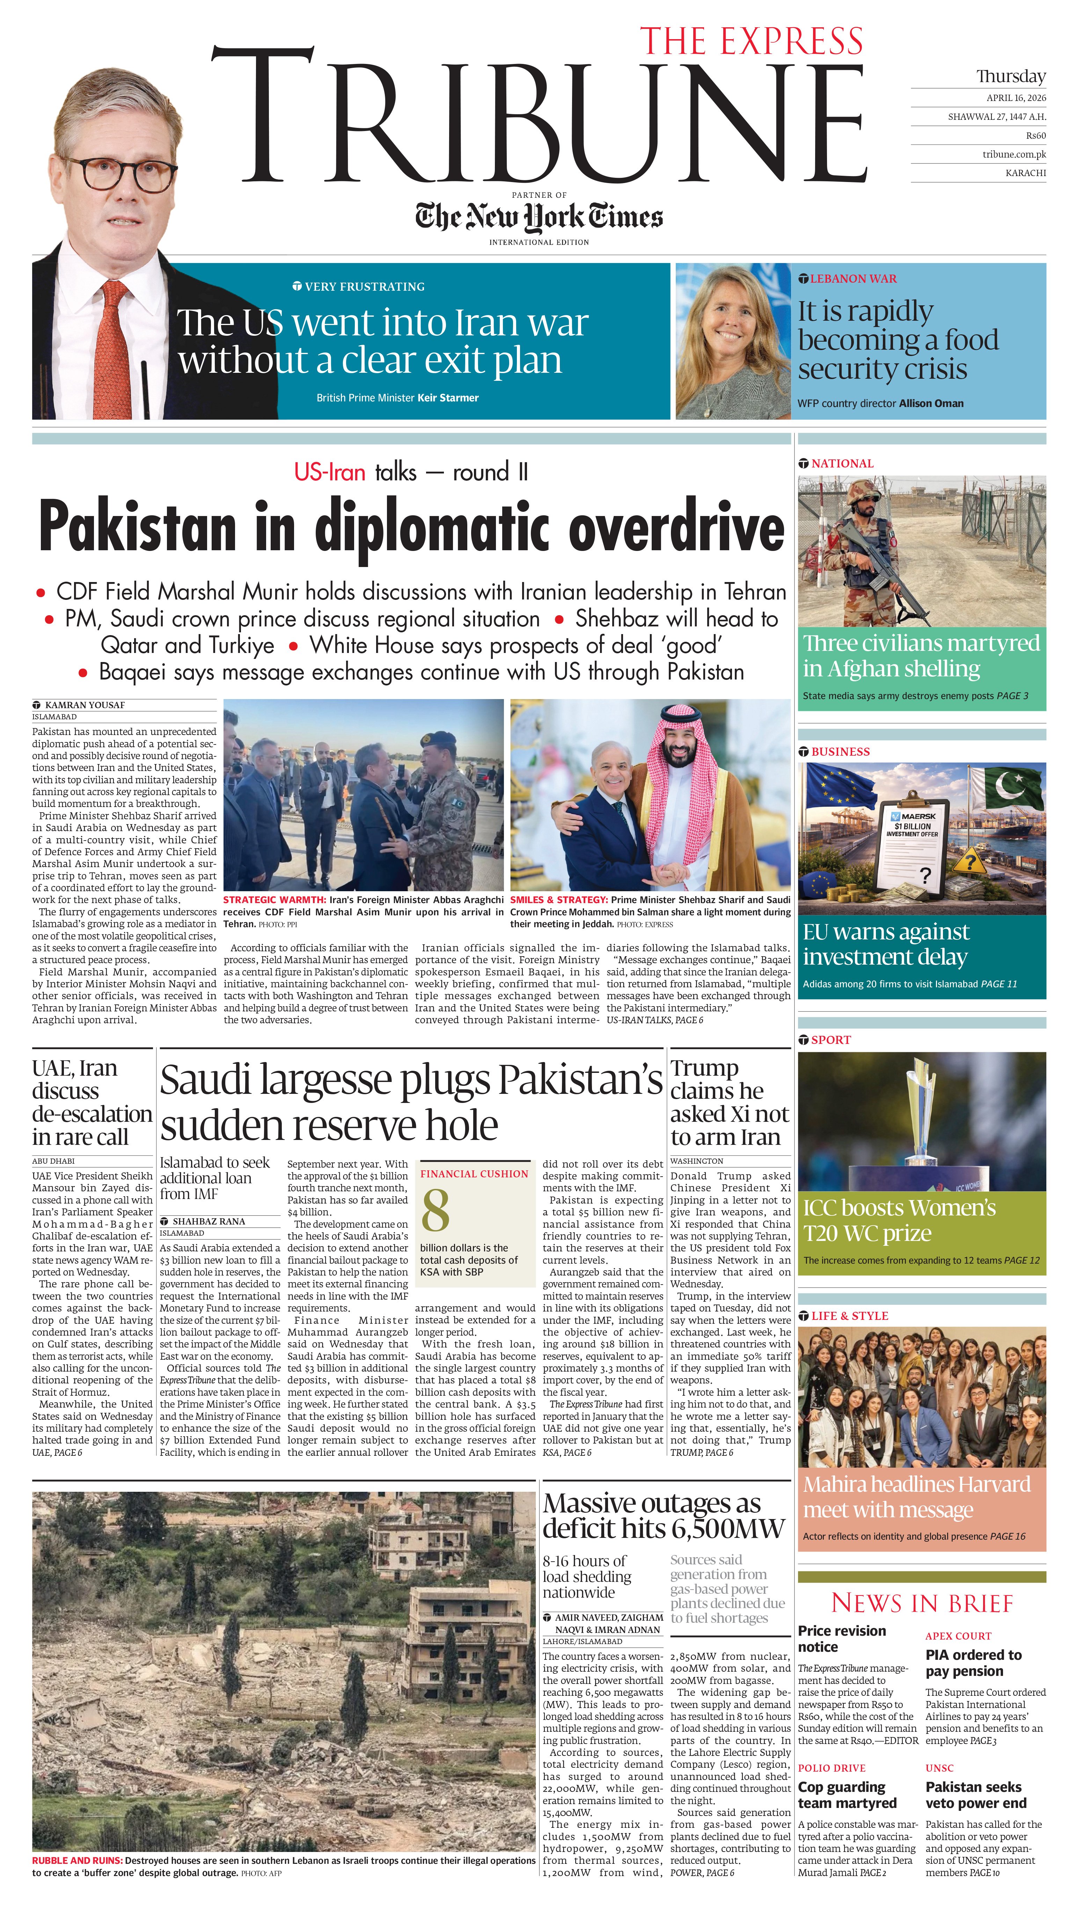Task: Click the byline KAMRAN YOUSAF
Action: pyautogui.click(x=85, y=704)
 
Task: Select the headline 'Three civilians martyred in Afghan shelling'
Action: pyautogui.click(x=921, y=655)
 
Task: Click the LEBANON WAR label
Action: pyautogui.click(x=853, y=279)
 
